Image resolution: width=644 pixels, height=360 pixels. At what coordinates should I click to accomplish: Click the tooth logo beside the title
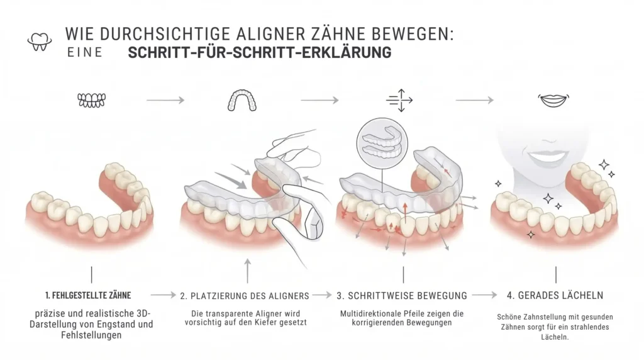tap(40, 41)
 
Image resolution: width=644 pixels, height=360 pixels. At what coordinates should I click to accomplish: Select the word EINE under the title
tap(84, 53)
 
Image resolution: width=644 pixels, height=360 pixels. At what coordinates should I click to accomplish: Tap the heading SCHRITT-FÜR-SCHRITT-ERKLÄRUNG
tap(259, 53)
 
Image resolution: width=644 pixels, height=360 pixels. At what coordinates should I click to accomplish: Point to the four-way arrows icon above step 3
tap(399, 100)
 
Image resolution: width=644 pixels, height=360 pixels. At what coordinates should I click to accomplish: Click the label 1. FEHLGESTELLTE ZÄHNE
tap(89, 295)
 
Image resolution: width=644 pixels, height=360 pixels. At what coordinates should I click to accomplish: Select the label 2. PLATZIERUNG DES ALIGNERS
tap(244, 295)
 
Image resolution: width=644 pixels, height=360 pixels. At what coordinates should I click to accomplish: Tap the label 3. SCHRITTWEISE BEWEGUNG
tap(402, 295)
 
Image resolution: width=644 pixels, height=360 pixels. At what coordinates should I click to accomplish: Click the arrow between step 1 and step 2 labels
tap(163, 295)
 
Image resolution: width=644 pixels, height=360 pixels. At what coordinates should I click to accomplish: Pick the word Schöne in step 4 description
tap(509, 317)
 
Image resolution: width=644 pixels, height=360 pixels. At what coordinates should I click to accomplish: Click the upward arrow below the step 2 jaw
tap(247, 272)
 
